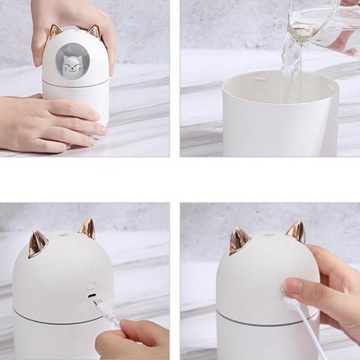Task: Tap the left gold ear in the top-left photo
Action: (56, 30)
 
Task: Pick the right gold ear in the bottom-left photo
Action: (87, 229)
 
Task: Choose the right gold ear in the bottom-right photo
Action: (296, 231)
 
